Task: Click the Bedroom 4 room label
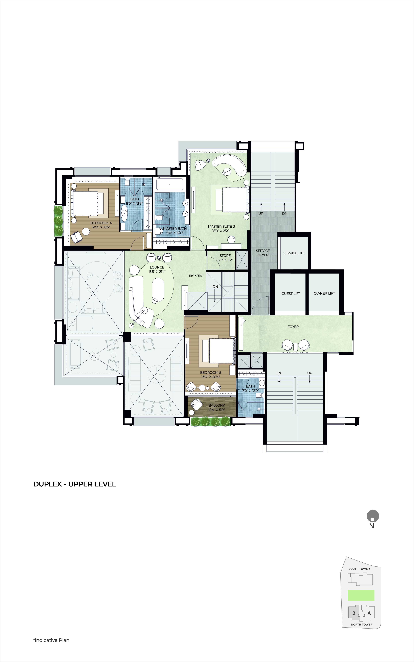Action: tap(101, 223)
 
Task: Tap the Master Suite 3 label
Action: tap(221, 227)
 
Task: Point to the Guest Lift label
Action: tap(291, 294)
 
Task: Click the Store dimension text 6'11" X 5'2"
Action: tap(225, 260)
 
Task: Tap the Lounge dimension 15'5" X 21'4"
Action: tap(157, 272)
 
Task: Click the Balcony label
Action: tap(217, 405)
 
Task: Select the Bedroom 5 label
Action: tap(211, 373)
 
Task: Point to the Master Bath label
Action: tap(175, 228)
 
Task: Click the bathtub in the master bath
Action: tap(170, 184)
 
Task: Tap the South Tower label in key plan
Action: tap(359, 569)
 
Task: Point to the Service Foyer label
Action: tap(263, 253)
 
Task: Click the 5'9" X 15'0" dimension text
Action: tap(196, 276)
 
